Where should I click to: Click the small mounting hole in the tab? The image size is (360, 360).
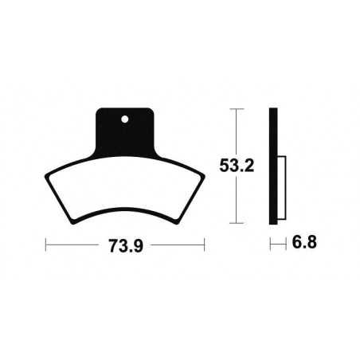click(x=125, y=121)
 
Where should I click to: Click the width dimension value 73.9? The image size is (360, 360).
click(x=124, y=243)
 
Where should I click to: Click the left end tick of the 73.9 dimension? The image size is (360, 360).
click(x=45, y=243)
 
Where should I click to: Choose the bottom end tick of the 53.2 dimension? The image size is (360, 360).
click(x=237, y=223)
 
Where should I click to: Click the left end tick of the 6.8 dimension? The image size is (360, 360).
click(x=269, y=241)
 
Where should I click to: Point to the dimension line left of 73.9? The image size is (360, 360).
click(x=76, y=243)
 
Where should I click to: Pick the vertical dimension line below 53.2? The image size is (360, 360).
click(x=237, y=203)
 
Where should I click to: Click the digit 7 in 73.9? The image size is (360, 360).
click(x=112, y=243)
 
